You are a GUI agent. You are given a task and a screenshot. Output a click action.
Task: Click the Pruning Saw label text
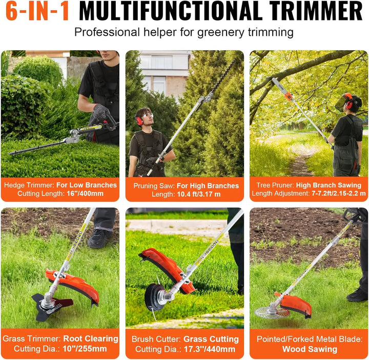click(152, 185)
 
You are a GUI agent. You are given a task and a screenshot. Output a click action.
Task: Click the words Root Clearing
click(91, 338)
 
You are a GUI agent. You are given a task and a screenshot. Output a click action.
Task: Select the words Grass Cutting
click(211, 339)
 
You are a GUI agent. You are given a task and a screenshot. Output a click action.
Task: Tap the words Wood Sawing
click(310, 349)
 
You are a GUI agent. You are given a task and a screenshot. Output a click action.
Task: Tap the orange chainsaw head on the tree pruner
click(289, 95)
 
